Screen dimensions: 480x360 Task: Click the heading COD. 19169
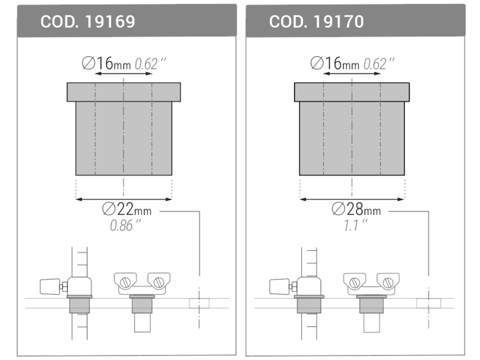point(88,22)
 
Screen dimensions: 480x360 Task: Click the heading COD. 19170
point(316,22)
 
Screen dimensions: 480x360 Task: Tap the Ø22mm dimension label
point(127,209)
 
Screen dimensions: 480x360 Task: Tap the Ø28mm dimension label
point(356,209)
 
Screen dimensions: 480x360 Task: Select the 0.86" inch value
point(126,225)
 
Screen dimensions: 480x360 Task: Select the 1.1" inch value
point(355,225)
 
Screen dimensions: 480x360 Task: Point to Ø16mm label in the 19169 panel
point(106,63)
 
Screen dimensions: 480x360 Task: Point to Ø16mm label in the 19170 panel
point(335,63)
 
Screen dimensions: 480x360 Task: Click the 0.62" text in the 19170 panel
point(379,64)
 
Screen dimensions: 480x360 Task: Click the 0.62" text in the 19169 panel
point(150,64)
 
